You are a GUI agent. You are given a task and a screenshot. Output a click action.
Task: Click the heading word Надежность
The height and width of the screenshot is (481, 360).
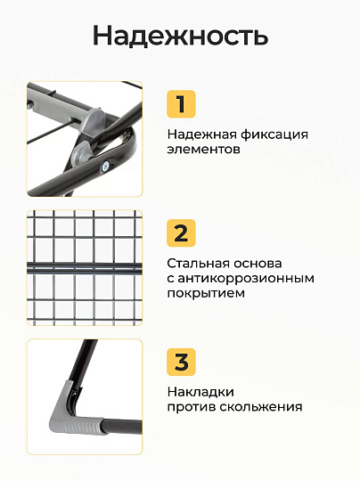181,36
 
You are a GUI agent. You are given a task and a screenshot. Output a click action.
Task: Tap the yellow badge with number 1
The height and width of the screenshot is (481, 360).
181,103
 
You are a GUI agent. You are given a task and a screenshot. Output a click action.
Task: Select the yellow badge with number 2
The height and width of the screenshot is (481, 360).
181,232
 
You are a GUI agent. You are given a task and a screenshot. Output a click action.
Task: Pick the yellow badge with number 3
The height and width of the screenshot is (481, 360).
181,362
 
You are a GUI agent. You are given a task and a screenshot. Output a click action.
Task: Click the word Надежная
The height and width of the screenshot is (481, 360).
201,135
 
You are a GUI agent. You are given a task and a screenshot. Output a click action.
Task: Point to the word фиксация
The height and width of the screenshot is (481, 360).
274,135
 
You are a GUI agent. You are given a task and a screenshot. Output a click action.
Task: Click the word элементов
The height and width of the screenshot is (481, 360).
203,150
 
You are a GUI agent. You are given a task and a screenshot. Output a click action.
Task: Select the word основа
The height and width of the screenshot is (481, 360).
258,264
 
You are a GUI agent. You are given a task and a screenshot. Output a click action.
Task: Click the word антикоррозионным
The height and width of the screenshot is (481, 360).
246,279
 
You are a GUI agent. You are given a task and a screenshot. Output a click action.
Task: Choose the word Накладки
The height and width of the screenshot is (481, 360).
200,392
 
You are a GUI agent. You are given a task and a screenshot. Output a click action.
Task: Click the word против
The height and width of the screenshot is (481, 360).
192,407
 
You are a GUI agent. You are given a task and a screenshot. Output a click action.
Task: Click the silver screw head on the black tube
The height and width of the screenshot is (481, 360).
105,167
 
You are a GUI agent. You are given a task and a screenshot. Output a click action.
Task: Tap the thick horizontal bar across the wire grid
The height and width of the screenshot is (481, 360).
85,268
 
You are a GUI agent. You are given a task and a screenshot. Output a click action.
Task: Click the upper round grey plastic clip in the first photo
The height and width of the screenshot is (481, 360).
94,118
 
